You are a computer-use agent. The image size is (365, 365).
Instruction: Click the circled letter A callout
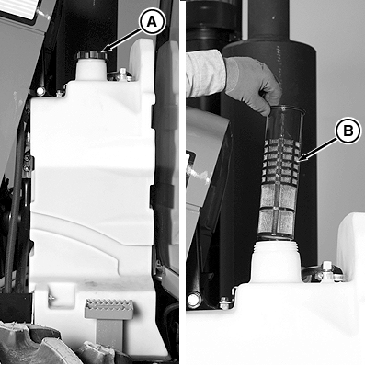point(152,21)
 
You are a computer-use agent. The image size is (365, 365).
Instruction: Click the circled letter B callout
point(348,131)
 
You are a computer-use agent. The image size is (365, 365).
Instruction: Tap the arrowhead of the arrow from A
point(104,50)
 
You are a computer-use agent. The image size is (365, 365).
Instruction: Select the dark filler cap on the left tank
point(91,55)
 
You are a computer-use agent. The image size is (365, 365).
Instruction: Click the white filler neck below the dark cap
point(92,70)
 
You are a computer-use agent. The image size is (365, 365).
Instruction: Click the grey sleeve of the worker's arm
point(206,74)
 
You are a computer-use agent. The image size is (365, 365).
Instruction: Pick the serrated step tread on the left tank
point(109,309)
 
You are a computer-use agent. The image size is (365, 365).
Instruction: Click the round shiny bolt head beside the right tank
point(194,301)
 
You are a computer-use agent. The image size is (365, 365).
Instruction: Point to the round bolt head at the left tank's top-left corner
point(40,91)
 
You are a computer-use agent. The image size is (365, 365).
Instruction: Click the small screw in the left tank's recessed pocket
point(51,298)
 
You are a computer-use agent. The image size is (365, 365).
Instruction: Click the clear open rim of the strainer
point(286,109)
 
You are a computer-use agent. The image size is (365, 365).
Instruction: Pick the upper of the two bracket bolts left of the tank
point(28,158)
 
